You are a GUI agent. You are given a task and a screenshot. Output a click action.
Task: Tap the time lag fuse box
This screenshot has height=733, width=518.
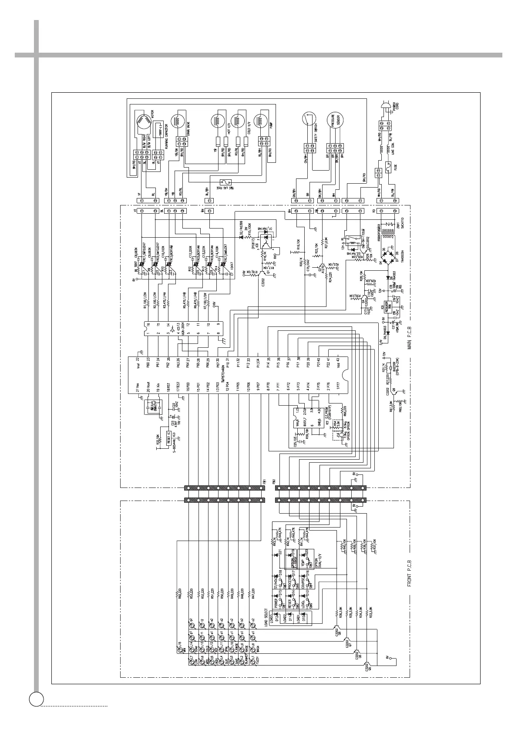(x=226, y=183)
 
